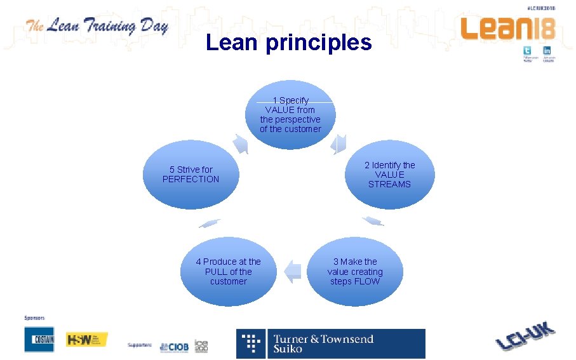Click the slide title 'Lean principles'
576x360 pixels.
288,43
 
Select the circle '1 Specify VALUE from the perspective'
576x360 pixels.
290,114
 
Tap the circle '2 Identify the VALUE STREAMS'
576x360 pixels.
389,175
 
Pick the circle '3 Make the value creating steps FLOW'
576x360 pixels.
355,271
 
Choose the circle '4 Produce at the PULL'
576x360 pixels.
228,271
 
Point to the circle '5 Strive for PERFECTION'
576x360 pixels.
191,175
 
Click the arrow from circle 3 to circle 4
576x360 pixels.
292,271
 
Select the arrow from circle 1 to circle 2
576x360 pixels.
339,143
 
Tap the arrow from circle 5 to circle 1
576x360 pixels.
240,143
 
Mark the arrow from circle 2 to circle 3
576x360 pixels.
373,221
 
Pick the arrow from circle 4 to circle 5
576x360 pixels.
210,223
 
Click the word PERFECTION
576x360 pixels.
191,179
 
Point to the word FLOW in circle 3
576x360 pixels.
368,281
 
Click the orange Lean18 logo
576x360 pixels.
507,29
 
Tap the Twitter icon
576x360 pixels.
527,51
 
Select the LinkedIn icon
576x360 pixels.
547,51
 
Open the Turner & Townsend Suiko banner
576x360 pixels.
331,343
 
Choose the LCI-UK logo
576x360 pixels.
525,336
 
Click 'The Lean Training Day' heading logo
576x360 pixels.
97,27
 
